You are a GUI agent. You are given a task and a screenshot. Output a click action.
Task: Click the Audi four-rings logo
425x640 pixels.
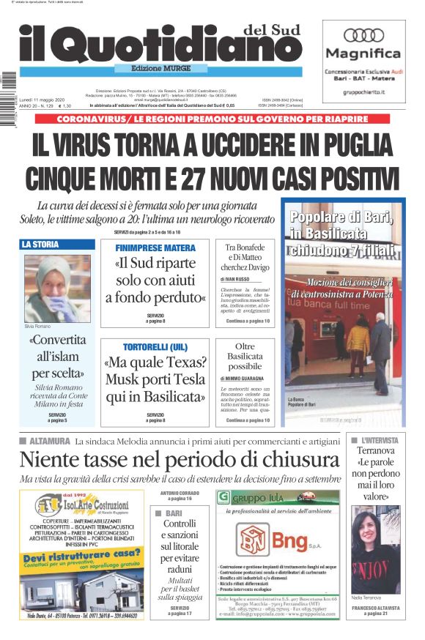363,35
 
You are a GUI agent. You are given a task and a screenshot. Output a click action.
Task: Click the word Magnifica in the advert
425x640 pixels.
363,53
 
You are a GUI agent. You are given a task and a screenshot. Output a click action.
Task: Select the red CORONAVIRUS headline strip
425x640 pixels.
212,119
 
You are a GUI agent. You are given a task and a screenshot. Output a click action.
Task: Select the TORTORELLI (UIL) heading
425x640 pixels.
155,345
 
